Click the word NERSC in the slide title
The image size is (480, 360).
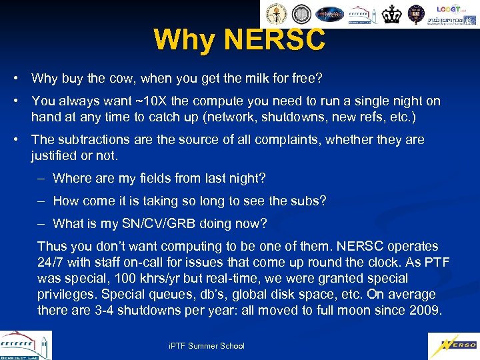pos(275,39)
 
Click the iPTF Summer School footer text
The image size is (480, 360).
pos(207,345)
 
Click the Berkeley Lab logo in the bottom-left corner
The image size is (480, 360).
pos(25,345)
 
